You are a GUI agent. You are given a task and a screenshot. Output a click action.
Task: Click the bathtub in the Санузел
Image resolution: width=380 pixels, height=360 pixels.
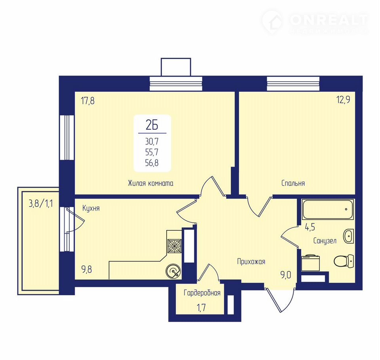point(328,209)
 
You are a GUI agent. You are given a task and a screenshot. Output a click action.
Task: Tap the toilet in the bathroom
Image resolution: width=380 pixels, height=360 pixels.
point(344,261)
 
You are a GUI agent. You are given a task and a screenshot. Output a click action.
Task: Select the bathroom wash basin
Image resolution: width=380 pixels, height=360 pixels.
point(348,236)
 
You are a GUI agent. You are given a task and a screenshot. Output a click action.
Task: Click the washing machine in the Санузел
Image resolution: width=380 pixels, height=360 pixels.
point(311,263)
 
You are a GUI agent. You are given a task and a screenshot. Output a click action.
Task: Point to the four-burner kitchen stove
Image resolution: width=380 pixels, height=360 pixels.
point(175,246)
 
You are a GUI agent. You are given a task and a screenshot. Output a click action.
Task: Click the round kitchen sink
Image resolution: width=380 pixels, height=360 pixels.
point(173,271)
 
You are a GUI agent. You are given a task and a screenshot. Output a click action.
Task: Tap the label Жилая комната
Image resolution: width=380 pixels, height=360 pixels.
point(150,183)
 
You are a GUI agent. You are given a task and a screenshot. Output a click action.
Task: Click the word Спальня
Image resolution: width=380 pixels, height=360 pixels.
point(293,183)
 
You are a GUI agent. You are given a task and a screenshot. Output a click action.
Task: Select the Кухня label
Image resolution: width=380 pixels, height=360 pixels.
point(91,208)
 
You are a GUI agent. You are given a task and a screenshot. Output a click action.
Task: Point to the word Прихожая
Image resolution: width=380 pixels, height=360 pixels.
point(251,261)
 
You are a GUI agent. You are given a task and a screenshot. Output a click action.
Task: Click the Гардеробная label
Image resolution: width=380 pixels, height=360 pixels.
point(202,293)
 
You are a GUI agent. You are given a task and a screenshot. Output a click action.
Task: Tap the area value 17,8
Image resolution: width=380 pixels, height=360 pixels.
point(88,100)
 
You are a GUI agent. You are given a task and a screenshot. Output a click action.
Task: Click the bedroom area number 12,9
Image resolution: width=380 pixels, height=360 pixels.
point(343,100)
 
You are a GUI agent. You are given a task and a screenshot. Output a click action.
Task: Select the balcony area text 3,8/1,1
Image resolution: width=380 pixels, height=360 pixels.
point(41,204)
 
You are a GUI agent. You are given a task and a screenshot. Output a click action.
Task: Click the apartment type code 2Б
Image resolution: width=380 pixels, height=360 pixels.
point(152,125)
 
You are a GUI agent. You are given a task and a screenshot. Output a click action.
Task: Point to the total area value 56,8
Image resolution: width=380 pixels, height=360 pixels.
point(152,163)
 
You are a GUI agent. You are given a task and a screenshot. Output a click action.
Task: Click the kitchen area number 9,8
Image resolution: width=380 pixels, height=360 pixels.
point(87,269)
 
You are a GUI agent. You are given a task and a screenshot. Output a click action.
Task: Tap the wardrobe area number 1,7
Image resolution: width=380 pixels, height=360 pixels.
point(201,307)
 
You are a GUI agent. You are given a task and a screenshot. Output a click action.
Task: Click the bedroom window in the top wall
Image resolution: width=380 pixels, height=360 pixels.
point(293,84)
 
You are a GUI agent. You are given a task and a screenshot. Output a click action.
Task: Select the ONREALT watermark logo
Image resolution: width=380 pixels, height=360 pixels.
point(315,22)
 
